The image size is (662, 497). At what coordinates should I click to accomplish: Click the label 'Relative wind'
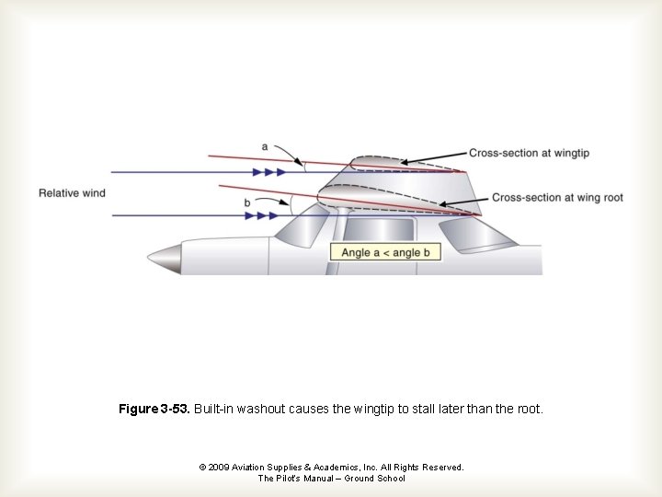click(x=72, y=193)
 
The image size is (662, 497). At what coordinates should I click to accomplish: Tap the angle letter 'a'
click(x=265, y=146)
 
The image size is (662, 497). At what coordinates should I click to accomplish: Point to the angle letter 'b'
click(x=247, y=202)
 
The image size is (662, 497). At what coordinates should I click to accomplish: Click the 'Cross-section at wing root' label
click(x=557, y=198)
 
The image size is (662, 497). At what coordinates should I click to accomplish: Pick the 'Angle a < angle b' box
click(x=385, y=252)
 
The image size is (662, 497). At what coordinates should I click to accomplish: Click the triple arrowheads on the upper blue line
click(x=268, y=172)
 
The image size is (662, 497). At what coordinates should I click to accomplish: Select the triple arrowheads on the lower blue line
click(x=261, y=215)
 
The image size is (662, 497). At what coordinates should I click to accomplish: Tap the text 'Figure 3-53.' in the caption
click(x=154, y=408)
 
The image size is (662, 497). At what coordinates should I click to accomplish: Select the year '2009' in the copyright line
click(x=220, y=468)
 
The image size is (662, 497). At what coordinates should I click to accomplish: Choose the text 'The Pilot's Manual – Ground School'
click(x=331, y=479)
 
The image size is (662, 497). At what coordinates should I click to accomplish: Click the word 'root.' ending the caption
click(x=529, y=408)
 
